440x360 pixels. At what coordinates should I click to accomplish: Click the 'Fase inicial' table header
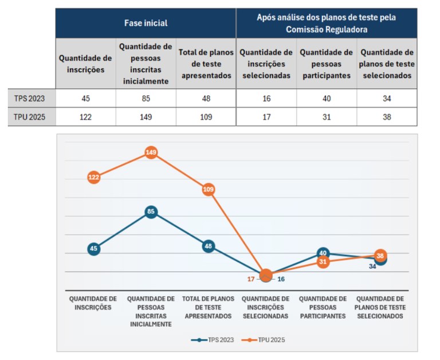146,24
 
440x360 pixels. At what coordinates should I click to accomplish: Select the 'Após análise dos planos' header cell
326,24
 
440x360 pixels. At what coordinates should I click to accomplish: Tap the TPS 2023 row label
29,98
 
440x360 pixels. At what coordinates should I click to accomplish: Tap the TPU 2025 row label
29,117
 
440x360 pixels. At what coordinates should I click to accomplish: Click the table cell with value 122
86,117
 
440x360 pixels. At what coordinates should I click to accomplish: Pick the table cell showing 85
146,98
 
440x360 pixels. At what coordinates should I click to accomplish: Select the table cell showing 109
206,117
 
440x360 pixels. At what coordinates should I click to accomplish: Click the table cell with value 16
266,98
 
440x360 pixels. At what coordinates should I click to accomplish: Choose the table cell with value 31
326,117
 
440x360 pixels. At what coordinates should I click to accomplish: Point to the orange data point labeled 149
151,152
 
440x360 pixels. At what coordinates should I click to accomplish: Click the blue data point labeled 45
94,249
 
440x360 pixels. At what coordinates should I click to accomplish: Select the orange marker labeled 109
209,190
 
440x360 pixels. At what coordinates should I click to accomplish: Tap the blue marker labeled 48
209,246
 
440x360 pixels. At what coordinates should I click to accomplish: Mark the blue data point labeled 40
323,253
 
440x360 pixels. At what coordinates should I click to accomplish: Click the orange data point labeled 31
323,262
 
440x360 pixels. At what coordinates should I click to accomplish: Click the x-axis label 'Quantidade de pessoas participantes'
323,307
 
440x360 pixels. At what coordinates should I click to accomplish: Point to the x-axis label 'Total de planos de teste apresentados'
208,307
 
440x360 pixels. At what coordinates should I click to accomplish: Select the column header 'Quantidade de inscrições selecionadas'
266,64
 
